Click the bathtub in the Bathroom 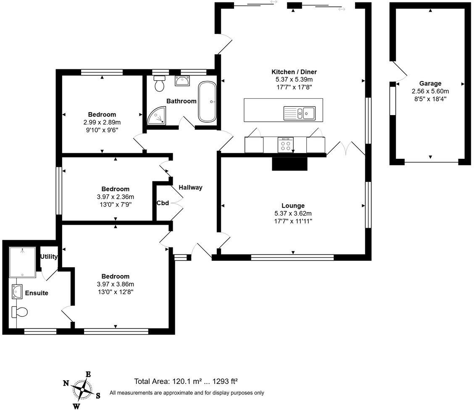coord(207,102)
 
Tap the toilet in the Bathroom coord(159,84)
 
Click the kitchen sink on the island coord(299,113)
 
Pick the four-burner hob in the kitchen coord(286,145)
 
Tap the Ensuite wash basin coord(17,292)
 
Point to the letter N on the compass coord(66,383)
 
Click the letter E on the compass coord(88,374)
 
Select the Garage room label coord(430,84)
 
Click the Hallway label coord(190,187)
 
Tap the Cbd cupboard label coord(163,203)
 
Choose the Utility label coord(49,257)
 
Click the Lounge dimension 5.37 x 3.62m coord(293,213)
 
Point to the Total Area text coord(186,381)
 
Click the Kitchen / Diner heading coord(294,71)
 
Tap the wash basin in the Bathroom coord(182,81)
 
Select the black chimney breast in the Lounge coord(290,163)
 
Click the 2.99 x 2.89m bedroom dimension coord(102,122)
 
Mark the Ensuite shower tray coord(23,262)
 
